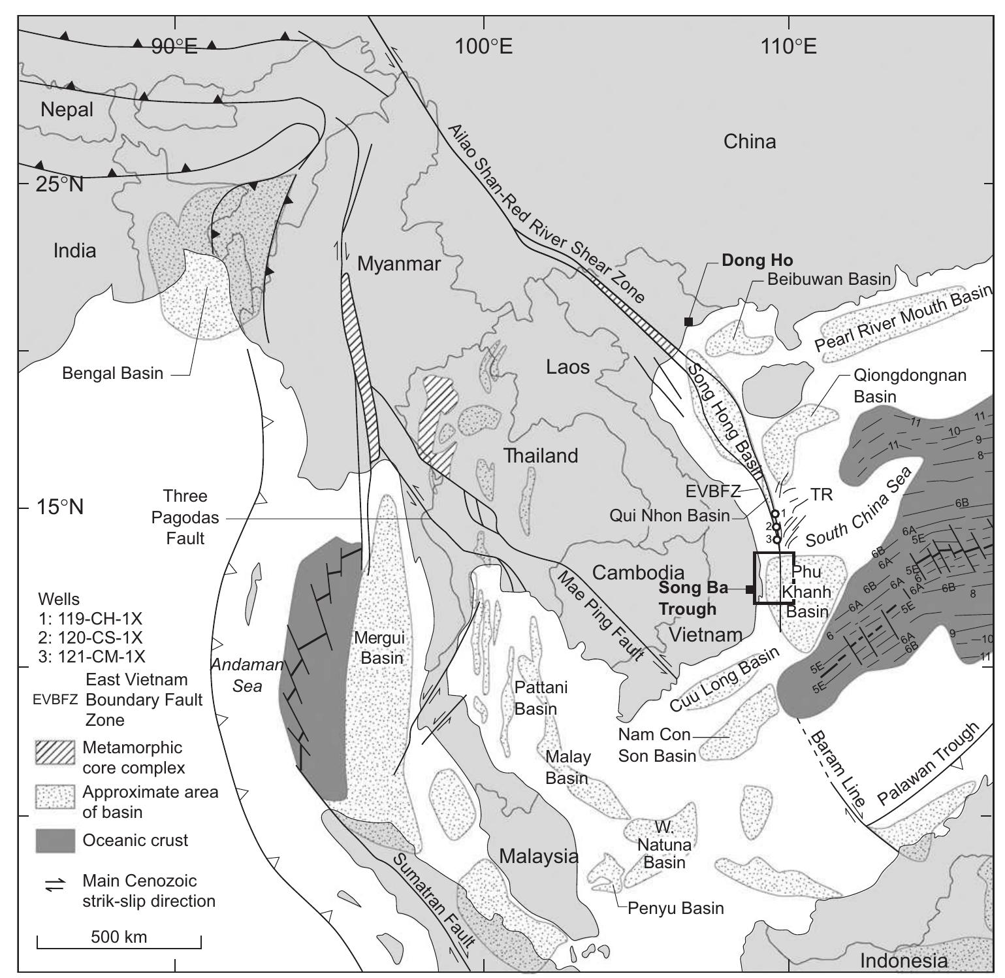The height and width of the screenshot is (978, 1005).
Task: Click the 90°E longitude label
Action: (174, 47)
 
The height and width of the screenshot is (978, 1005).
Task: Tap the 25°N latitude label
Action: (59, 185)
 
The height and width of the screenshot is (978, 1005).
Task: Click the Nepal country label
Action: (67, 110)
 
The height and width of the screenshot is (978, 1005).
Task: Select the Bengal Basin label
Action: (112, 373)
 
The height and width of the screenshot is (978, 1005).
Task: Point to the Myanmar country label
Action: (399, 264)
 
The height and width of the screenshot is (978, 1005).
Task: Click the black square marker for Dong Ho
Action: (688, 321)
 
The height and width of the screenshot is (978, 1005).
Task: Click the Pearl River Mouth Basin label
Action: (904, 319)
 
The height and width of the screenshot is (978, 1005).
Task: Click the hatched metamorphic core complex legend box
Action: (56, 753)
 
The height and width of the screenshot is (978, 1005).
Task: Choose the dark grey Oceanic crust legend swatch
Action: (56, 840)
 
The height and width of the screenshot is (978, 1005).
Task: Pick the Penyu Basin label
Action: (675, 907)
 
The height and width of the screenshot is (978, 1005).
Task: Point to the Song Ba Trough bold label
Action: (687, 598)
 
